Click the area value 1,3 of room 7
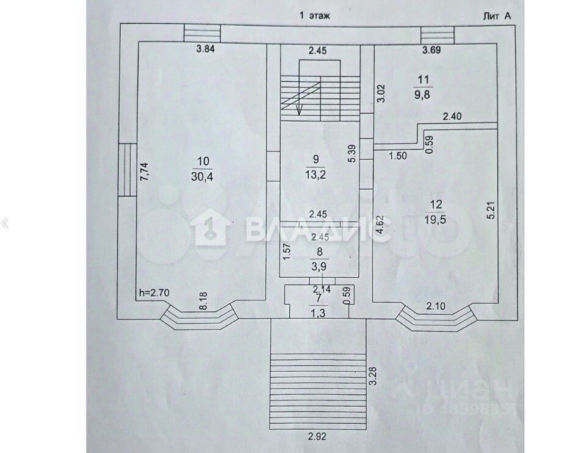pyautogui.click(x=318, y=313)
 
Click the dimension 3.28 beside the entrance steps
pyautogui.click(x=372, y=374)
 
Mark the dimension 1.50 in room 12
pyautogui.click(x=397, y=156)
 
